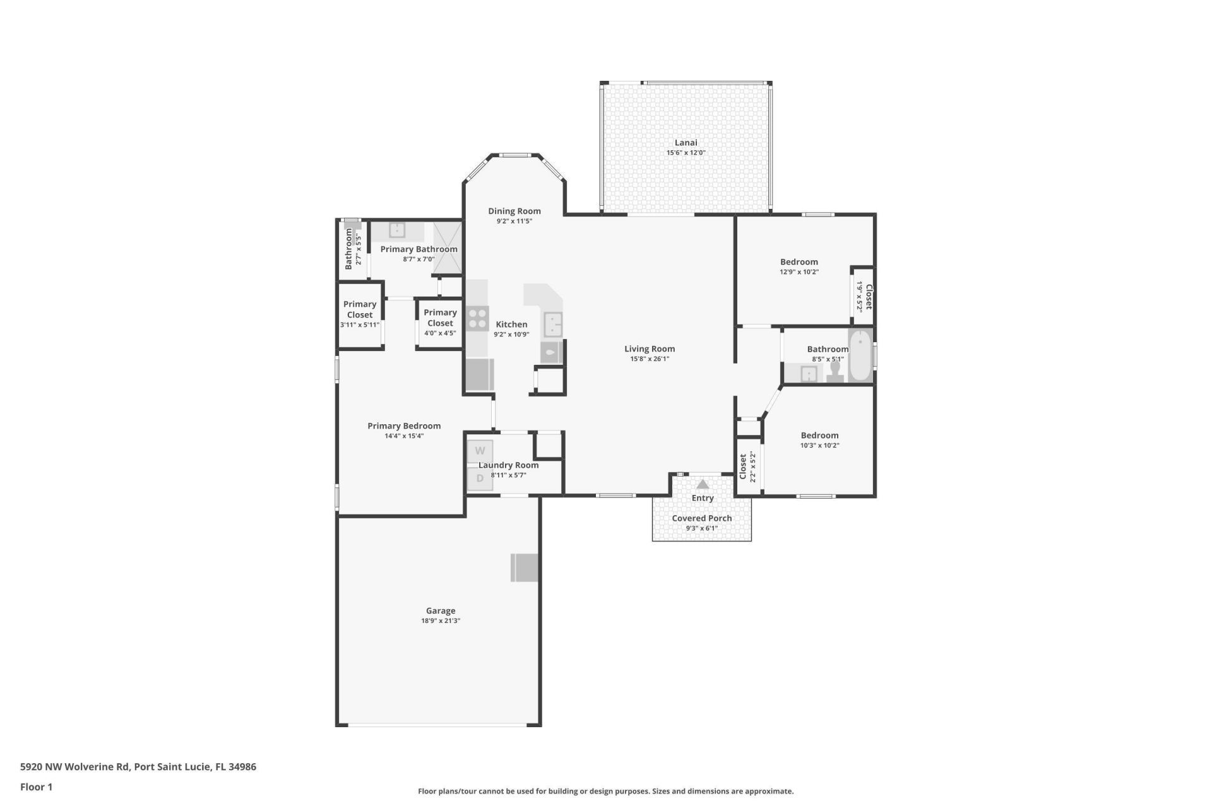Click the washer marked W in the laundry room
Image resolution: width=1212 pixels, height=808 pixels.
tap(480, 451)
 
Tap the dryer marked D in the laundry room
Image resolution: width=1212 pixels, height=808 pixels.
tap(480, 478)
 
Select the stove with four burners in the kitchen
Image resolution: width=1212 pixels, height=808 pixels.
tap(477, 319)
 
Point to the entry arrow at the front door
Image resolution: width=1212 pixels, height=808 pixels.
tap(703, 485)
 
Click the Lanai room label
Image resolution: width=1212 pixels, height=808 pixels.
tap(686, 143)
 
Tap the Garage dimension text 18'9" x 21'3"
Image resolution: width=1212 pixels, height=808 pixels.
tap(441, 621)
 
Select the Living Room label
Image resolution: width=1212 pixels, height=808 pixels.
tap(650, 348)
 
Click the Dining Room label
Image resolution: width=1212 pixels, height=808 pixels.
tap(514, 211)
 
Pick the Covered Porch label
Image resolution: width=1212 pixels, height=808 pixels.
tap(701, 518)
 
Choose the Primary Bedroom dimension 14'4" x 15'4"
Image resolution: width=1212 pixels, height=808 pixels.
tap(404, 436)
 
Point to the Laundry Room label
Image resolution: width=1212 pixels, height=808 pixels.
tap(508, 465)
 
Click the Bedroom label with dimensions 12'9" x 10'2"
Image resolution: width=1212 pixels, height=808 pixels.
tap(799, 262)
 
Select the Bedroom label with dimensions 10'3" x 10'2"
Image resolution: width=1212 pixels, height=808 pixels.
tap(819, 435)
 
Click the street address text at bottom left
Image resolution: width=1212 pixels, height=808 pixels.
tap(138, 767)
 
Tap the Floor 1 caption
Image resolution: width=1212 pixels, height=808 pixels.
tap(36, 787)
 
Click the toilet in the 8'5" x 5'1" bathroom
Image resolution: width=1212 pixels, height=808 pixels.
tap(835, 372)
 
